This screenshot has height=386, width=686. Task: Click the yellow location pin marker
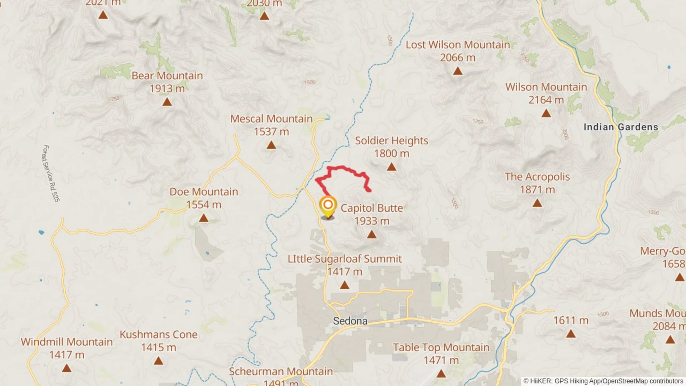tap(328, 207)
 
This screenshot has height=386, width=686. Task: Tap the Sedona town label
tap(350, 321)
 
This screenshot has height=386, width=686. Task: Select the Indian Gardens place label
tap(621, 127)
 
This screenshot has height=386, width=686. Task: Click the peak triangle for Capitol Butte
tap(372, 234)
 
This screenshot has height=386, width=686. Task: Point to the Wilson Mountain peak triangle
tap(546, 113)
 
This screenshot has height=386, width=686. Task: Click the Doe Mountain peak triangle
tap(204, 218)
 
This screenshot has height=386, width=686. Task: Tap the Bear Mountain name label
tap(167, 76)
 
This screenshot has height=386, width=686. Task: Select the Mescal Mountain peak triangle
tap(271, 145)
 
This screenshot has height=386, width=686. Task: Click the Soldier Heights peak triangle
tap(392, 167)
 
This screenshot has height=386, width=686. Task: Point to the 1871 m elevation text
tap(537, 190)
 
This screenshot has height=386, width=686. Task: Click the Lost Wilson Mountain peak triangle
tap(458, 71)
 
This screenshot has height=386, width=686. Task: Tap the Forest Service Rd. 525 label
tap(51, 173)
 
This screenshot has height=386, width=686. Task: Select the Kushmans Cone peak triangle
tap(158, 361)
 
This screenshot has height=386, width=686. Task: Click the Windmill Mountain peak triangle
tap(66, 368)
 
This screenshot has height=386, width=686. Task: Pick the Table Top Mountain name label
tap(441, 347)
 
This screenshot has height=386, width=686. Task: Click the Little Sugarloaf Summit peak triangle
tap(344, 285)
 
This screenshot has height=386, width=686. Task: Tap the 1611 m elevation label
tap(571, 321)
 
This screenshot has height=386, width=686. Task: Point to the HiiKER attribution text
tap(603, 381)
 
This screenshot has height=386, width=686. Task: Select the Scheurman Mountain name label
tap(281, 372)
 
